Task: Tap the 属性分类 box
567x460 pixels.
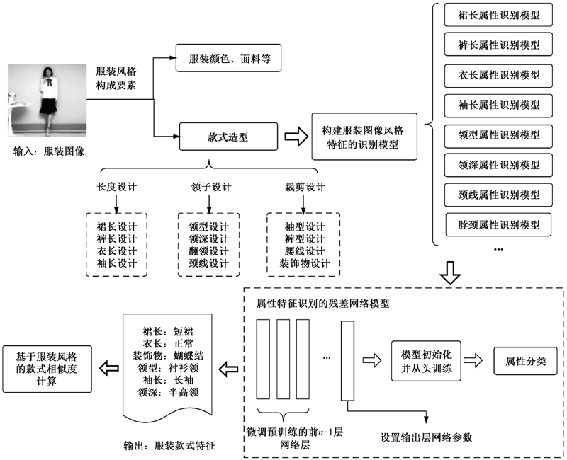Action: pyautogui.click(x=525, y=361)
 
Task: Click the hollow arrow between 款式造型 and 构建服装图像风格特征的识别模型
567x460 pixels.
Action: pyautogui.click(x=293, y=135)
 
